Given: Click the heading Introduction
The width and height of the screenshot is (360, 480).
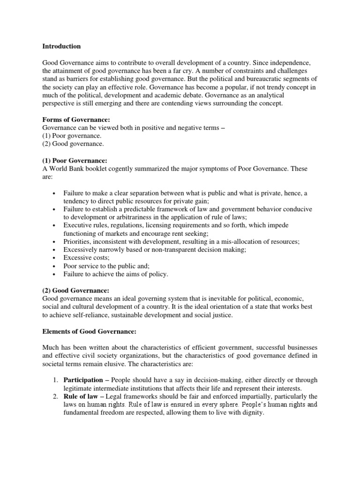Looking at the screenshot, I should click(61, 46).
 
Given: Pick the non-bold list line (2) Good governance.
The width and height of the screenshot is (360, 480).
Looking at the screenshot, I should click(74, 144).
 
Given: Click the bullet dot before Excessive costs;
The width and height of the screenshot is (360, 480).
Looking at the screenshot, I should click(55, 258).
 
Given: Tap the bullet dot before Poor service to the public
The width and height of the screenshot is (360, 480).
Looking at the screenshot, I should click(55, 266).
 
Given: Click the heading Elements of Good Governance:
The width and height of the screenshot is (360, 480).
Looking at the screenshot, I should click(89, 331).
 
